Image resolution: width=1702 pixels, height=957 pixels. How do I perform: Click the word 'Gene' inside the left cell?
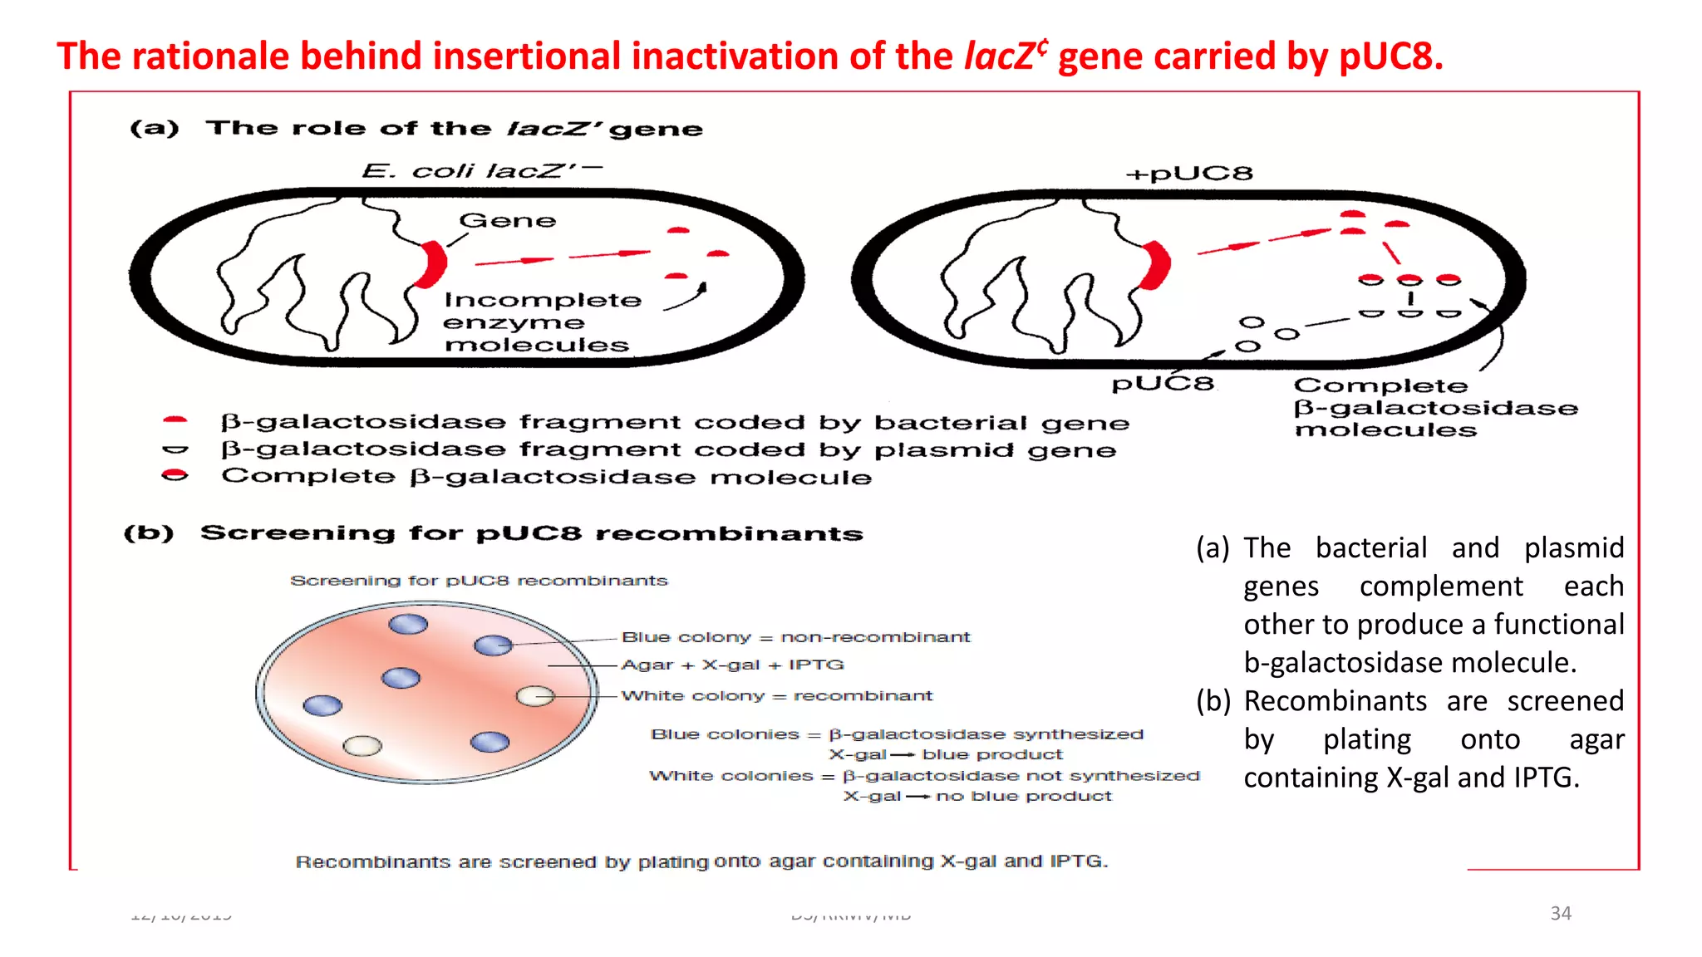(507, 221)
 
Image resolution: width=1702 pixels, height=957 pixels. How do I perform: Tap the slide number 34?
(1560, 913)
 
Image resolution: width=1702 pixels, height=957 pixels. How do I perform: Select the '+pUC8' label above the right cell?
(1188, 174)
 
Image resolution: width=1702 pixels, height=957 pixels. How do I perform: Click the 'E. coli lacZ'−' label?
(481, 171)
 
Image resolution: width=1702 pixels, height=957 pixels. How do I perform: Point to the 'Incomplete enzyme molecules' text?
(541, 322)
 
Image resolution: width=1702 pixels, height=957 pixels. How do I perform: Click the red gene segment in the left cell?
(433, 263)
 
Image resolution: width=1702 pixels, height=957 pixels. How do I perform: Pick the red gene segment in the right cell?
(1156, 265)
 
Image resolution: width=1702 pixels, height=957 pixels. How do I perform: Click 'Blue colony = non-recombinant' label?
(795, 637)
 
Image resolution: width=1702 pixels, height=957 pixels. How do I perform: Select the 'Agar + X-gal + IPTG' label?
(732, 665)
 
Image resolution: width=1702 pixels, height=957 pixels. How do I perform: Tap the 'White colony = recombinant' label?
(776, 695)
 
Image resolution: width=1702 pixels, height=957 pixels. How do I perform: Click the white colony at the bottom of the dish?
(362, 745)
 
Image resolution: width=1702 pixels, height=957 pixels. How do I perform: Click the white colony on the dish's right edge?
(535, 695)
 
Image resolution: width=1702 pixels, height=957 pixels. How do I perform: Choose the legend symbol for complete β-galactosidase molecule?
(175, 476)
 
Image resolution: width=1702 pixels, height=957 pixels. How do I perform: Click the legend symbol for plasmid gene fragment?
(175, 449)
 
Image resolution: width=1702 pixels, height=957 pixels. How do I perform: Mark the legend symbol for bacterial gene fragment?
(175, 421)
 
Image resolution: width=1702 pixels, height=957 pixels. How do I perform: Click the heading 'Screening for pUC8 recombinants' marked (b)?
(531, 533)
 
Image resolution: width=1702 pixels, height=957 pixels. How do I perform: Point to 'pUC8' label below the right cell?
(1163, 384)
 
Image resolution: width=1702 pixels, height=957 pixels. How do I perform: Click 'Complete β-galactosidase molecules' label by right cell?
(1434, 408)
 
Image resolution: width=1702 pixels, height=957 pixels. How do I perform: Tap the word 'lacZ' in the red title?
(999, 56)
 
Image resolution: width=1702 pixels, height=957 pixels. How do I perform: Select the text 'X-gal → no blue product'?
(977, 796)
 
